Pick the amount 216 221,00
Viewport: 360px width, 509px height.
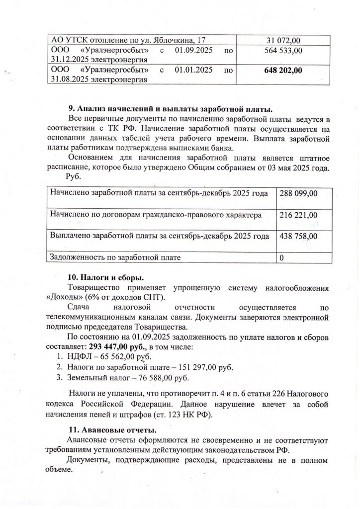pyautogui.click(x=299, y=215)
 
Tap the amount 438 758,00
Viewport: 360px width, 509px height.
pyautogui.click(x=299, y=237)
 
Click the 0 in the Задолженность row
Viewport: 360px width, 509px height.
pyautogui.click(x=282, y=257)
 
